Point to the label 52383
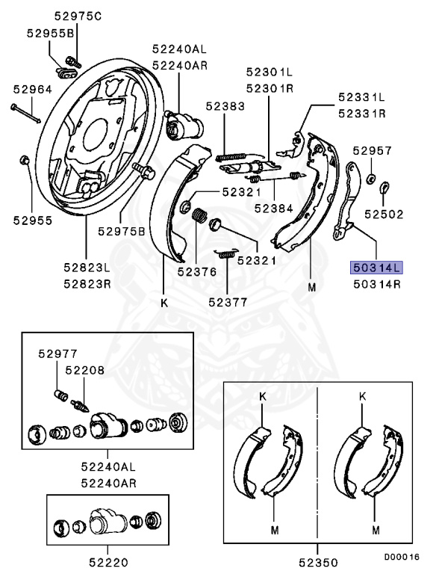[225, 107]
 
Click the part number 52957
[373, 150]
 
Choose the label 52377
[228, 303]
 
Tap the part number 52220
[110, 561]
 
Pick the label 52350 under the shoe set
[318, 561]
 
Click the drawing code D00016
[402, 557]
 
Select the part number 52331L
[361, 98]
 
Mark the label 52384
[273, 208]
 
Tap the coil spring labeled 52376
[200, 219]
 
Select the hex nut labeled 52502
[384, 186]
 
